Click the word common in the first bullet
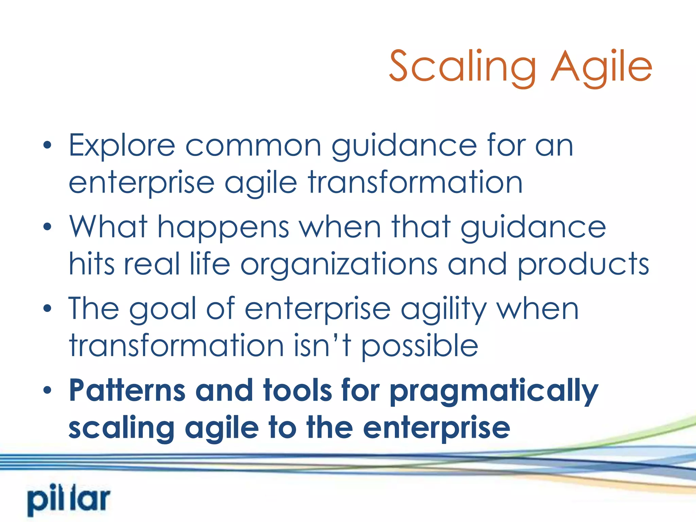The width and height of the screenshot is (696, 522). pyautogui.click(x=253, y=146)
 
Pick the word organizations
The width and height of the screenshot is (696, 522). pyautogui.click(x=338, y=264)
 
